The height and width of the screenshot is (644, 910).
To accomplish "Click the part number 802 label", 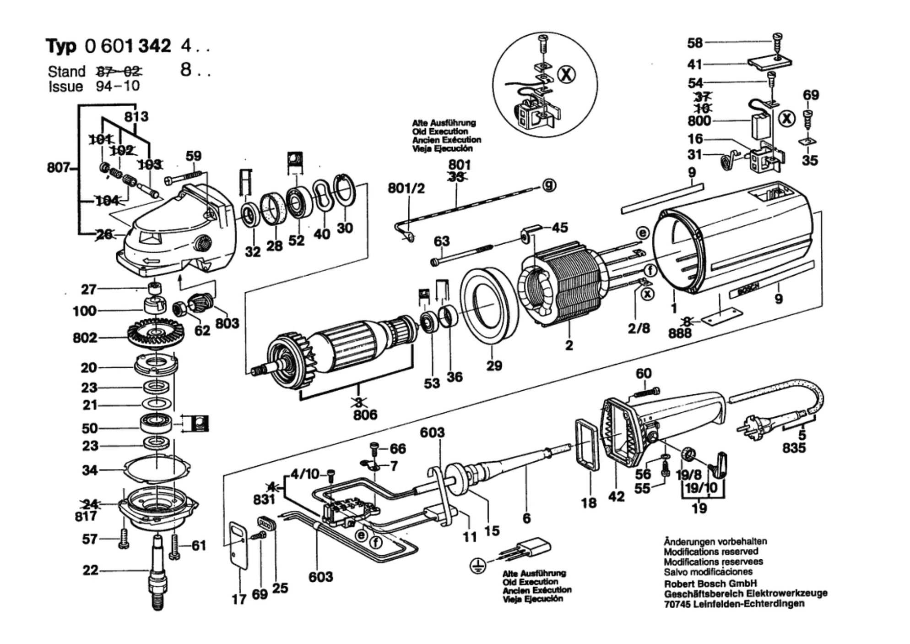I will coord(85,338).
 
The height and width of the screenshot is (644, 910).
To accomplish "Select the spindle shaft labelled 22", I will coord(157,573).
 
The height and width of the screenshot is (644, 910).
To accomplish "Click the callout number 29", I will coord(494,366).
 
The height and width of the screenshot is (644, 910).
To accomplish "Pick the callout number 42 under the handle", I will coord(616,496).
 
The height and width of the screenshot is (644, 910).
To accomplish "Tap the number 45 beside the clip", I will coord(559,228).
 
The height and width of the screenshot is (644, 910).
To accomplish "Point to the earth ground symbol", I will coord(478,566).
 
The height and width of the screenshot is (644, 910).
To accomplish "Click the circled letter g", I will coord(549,186).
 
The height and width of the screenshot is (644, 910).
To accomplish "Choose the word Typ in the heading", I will coord(61,46).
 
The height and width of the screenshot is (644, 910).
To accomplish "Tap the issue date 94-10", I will coord(118,86).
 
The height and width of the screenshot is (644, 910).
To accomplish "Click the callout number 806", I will coord(365,415).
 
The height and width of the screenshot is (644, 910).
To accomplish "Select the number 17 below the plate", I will coord(239,599).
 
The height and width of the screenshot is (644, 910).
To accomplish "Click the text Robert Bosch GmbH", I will coord(710,584).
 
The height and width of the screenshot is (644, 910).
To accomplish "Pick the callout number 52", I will coord(296,240).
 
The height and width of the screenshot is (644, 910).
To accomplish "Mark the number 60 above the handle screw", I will coord(644,373).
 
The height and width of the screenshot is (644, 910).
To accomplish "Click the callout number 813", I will coord(136,116).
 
